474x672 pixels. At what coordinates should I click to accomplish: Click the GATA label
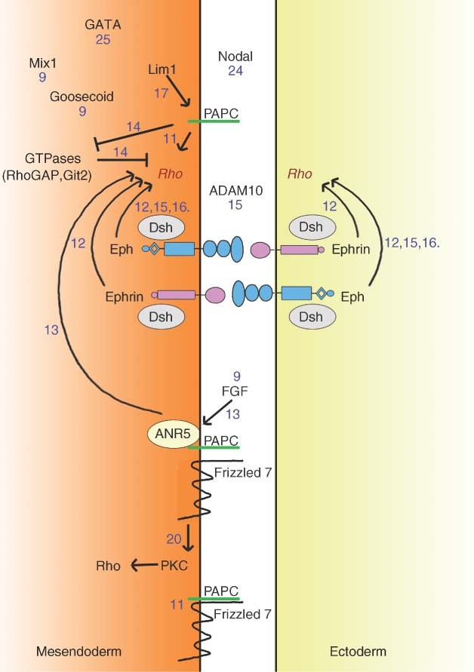tap(103, 24)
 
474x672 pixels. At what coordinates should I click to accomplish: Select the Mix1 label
tap(43, 63)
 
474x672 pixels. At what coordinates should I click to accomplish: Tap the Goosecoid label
tap(82, 97)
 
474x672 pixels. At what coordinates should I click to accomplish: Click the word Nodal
tap(235, 57)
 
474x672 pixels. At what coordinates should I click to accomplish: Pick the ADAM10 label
tap(238, 191)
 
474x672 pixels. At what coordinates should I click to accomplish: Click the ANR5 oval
tap(167, 433)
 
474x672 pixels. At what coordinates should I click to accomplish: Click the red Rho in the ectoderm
tap(300, 174)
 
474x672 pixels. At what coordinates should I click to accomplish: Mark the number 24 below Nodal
tap(235, 71)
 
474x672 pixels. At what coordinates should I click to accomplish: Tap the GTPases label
tap(48, 160)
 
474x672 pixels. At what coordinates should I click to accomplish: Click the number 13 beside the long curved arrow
tap(51, 329)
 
